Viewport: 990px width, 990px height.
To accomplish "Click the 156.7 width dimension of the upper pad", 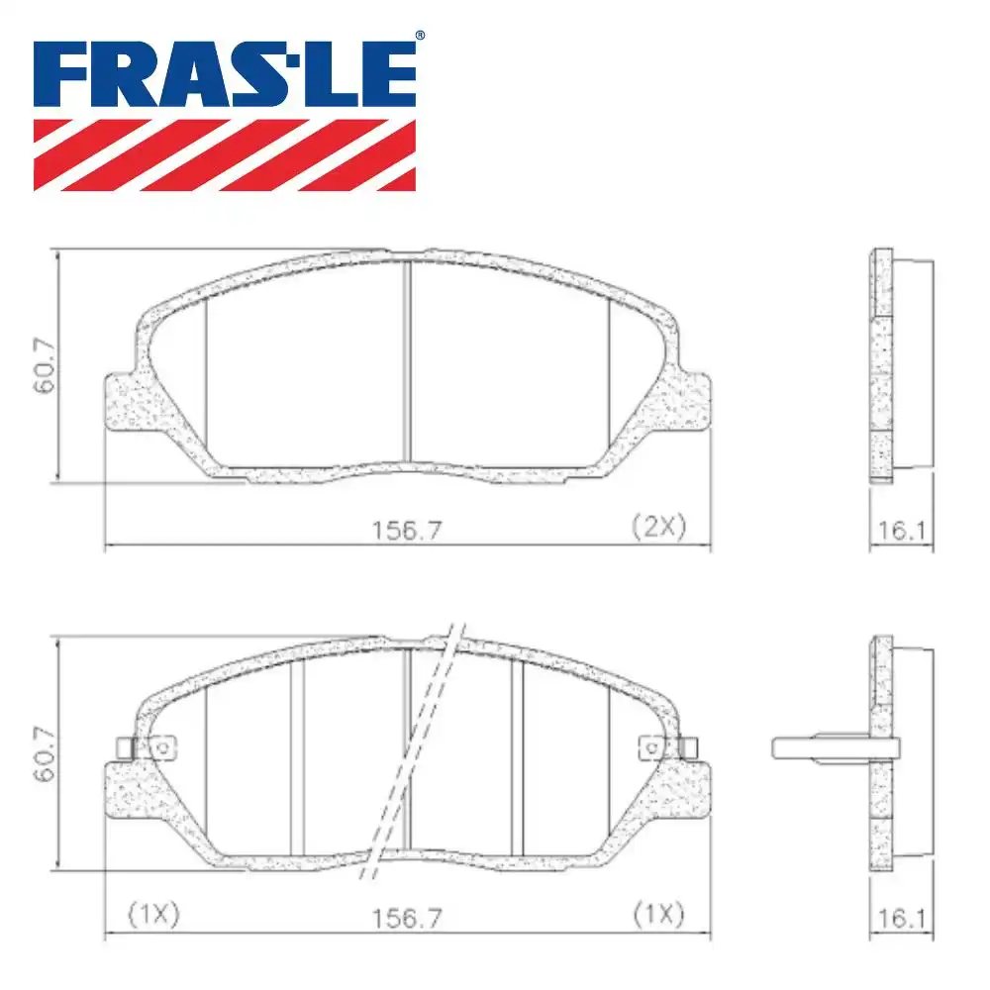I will [406, 530].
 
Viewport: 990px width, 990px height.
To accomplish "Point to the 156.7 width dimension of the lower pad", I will [406, 918].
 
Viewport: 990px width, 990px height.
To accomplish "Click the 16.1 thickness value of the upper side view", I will [901, 530].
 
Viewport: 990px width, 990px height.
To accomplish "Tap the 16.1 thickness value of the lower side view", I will [901, 918].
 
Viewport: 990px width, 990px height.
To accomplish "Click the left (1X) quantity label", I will [153, 916].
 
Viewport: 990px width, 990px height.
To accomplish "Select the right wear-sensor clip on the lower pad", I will [668, 746].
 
